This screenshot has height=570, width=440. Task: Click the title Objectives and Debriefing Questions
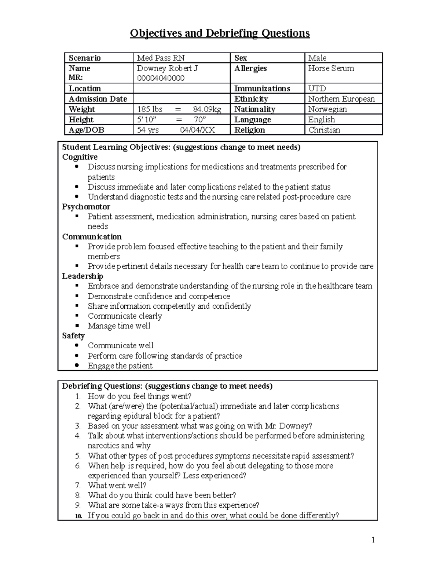click(x=220, y=33)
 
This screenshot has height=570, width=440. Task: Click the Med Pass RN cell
click(x=161, y=58)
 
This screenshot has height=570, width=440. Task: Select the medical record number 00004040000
click(x=161, y=78)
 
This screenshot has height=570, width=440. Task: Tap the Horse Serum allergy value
click(x=331, y=68)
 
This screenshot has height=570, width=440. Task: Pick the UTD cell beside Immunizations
click(x=317, y=88)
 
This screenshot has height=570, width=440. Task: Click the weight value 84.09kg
click(x=207, y=109)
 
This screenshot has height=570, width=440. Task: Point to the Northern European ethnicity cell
click(x=341, y=99)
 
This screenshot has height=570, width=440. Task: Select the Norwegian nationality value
click(x=327, y=109)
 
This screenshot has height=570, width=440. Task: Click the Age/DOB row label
click(x=87, y=130)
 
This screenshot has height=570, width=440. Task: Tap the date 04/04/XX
click(x=197, y=130)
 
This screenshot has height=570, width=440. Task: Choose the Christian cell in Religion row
click(x=324, y=130)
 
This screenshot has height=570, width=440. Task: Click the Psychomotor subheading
click(x=86, y=207)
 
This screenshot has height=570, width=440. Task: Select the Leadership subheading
click(x=82, y=276)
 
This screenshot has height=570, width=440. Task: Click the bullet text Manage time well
click(x=119, y=326)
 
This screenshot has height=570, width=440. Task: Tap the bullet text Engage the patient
click(x=120, y=366)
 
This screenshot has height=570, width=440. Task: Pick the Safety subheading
click(x=73, y=336)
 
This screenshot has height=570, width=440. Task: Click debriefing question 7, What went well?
click(x=117, y=485)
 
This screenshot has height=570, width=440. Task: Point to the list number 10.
click(x=78, y=516)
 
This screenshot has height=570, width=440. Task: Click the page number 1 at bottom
click(x=373, y=540)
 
